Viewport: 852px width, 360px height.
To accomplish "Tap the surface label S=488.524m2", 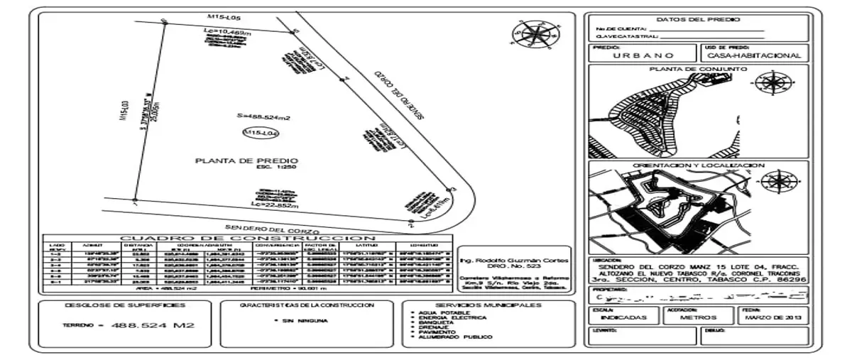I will (264, 116).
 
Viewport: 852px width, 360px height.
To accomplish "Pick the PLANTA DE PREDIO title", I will (246, 161).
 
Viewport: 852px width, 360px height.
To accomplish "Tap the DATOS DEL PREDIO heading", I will (698, 20).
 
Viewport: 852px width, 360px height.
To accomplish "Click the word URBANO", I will (643, 55).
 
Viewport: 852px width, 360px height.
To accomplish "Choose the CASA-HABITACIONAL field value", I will (754, 55).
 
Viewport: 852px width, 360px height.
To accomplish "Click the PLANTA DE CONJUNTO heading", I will (698, 70).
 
